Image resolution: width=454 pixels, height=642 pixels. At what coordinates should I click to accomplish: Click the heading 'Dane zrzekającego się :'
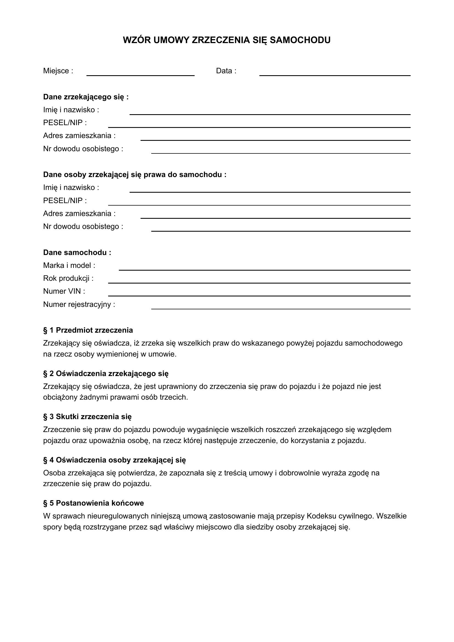point(86,97)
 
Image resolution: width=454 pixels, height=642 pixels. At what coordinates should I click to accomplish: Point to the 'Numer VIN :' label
point(64,291)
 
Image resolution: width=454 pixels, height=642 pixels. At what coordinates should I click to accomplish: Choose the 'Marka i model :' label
point(69,265)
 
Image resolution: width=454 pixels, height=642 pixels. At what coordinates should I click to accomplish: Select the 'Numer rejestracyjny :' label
point(79,304)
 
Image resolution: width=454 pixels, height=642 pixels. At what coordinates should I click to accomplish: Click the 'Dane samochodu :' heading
point(77,253)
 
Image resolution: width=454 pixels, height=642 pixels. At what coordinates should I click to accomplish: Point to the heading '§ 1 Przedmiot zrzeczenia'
point(88,330)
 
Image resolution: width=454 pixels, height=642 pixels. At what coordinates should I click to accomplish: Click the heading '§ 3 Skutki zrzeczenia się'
point(87,417)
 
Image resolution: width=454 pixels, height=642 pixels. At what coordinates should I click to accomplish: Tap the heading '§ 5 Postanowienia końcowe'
point(93,503)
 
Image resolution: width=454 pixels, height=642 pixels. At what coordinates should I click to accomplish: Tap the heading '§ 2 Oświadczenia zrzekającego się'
point(106,374)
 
